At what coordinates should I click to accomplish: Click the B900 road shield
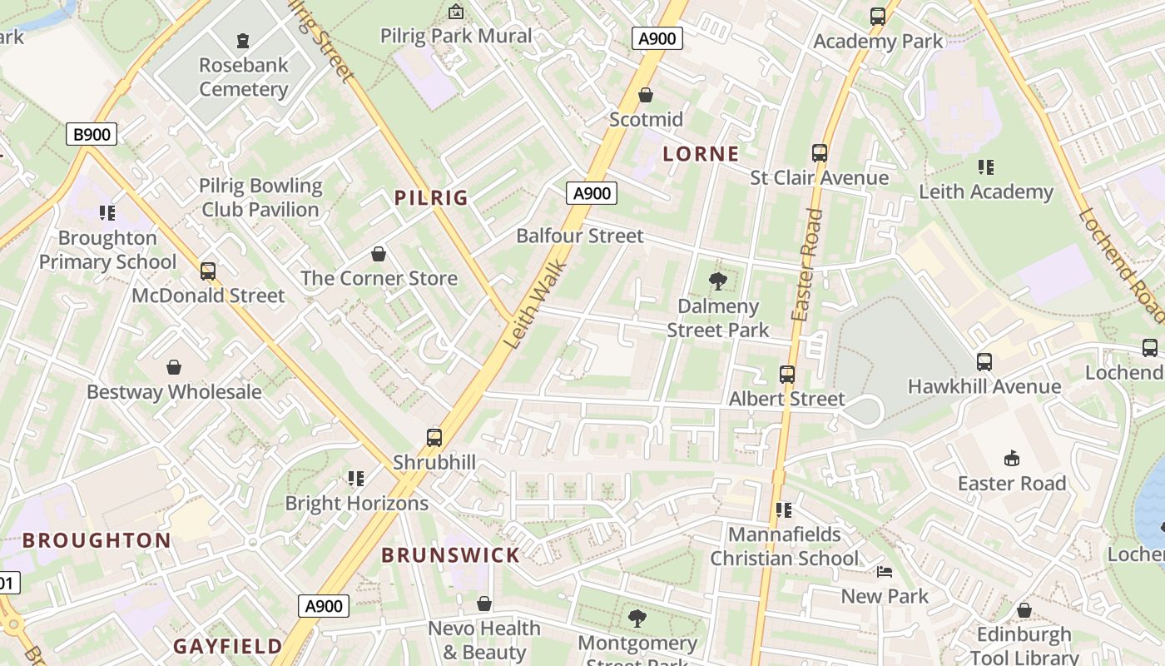(x=92, y=134)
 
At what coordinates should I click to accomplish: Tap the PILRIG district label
(x=431, y=198)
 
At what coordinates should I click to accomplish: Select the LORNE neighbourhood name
(x=701, y=154)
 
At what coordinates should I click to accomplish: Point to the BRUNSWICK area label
(x=450, y=555)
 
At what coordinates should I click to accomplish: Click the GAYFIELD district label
(x=228, y=646)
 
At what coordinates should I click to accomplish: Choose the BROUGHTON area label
(x=97, y=540)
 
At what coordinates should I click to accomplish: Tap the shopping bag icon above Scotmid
(x=646, y=95)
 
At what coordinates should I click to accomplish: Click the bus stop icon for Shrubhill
(x=434, y=438)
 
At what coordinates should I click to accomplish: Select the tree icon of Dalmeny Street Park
(x=717, y=281)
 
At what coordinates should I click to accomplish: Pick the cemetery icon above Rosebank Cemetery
(x=243, y=40)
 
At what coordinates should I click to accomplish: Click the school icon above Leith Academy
(x=986, y=167)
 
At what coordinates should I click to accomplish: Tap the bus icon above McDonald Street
(x=208, y=271)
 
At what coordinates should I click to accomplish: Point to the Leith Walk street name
(x=535, y=306)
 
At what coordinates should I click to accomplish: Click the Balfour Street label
(x=580, y=236)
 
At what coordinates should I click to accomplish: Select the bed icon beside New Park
(x=884, y=572)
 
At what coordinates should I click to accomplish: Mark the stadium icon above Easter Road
(x=1012, y=458)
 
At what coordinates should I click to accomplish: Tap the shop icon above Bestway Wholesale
(x=174, y=367)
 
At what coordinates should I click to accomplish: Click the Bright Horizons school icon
(x=356, y=479)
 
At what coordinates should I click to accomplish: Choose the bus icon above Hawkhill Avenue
(x=984, y=361)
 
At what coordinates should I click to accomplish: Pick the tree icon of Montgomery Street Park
(x=637, y=619)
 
